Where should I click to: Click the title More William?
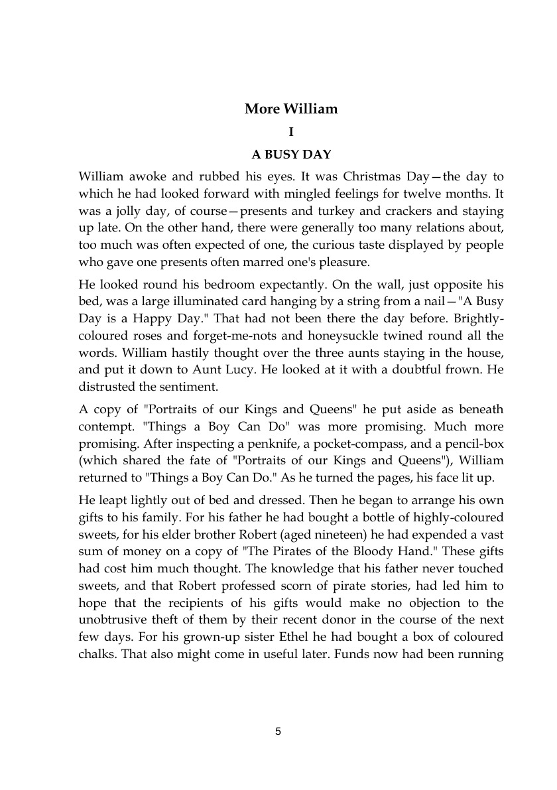291,109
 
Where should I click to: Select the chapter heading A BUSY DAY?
291,155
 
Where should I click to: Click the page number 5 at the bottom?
278,732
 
